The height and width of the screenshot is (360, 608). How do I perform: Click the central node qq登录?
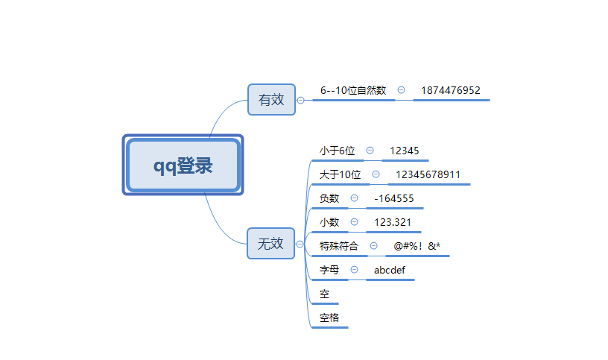pos(183,165)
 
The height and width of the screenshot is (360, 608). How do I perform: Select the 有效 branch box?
pos(271,99)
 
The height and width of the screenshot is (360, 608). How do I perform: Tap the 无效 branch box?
pos(270,243)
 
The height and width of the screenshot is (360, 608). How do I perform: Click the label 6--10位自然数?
pos(353,91)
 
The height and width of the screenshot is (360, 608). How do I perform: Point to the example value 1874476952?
pos(451,91)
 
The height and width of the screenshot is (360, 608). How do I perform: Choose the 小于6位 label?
pos(337,151)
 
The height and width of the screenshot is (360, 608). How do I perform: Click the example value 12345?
pos(405,151)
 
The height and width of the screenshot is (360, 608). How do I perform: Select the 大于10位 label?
pos(340,175)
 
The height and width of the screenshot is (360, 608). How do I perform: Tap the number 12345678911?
pos(428,175)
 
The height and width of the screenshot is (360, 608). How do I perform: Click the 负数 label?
pos(329,198)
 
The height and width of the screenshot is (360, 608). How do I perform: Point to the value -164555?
pos(393,198)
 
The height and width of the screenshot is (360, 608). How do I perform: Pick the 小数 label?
pos(329,222)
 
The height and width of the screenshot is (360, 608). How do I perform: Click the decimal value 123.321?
pos(392,222)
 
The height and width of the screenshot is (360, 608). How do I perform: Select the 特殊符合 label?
pos(339,246)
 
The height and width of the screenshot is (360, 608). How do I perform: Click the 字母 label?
pos(329,270)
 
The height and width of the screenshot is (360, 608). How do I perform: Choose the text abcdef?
pos(390,270)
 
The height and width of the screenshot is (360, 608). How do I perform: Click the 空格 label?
pos(329,318)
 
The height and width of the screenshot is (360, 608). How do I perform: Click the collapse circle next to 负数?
pos(354,198)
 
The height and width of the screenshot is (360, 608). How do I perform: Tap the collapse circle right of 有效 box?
pos(300,100)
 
